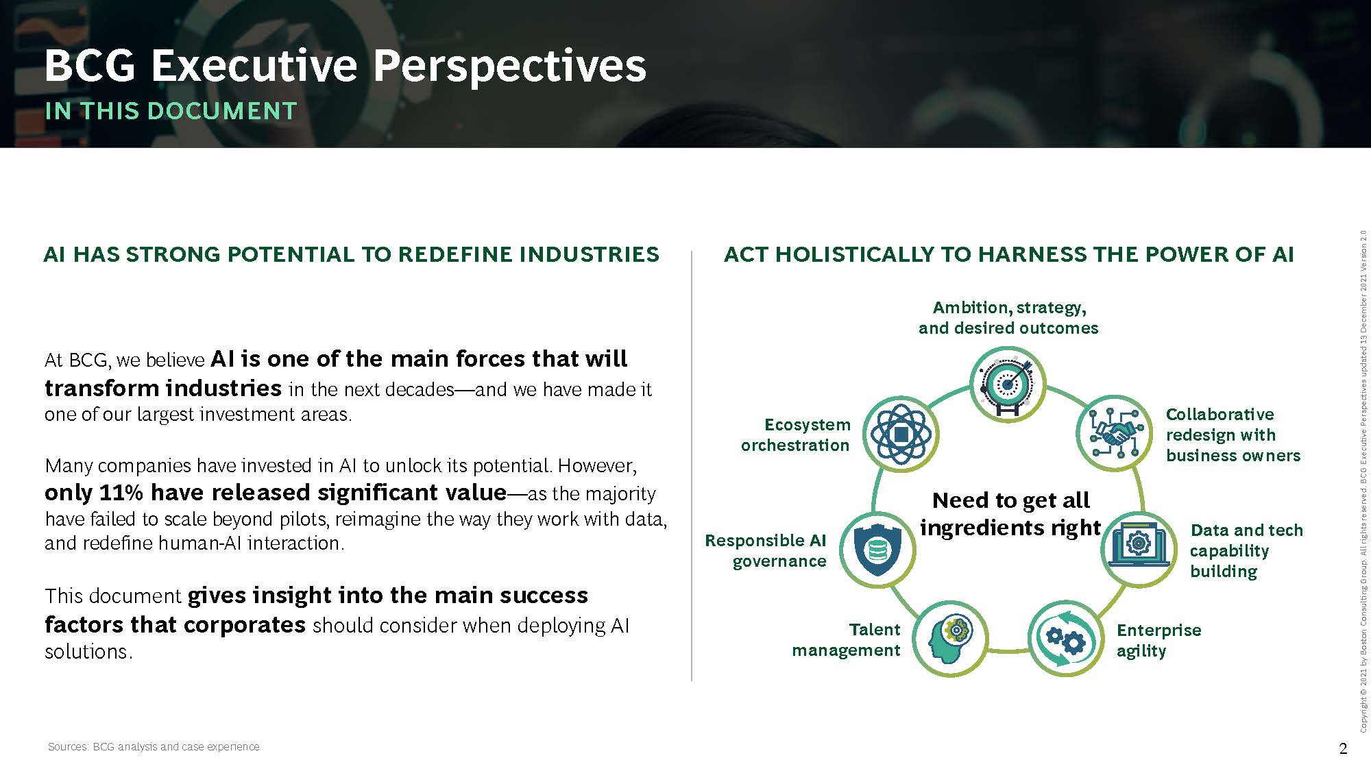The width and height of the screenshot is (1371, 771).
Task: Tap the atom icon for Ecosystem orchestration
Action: (901, 434)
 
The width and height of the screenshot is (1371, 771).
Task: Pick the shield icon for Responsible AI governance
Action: (877, 550)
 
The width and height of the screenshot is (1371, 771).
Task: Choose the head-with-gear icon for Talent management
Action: (949, 639)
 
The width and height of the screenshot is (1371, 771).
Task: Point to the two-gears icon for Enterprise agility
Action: (1066, 639)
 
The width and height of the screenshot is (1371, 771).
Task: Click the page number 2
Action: (1343, 748)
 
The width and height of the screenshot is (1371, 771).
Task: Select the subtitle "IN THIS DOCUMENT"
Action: (171, 111)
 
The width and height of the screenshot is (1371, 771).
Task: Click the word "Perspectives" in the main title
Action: (509, 66)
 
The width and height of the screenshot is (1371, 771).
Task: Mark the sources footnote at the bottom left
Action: (154, 746)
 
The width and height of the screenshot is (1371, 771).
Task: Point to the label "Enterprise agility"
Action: (1158, 640)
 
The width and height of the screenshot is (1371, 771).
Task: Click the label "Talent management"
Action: (846, 639)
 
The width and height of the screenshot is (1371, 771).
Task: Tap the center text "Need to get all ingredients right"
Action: (1010, 514)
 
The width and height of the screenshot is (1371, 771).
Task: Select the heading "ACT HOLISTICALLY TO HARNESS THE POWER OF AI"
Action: (1009, 254)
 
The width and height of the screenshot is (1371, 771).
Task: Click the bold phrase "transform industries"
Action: (163, 388)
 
